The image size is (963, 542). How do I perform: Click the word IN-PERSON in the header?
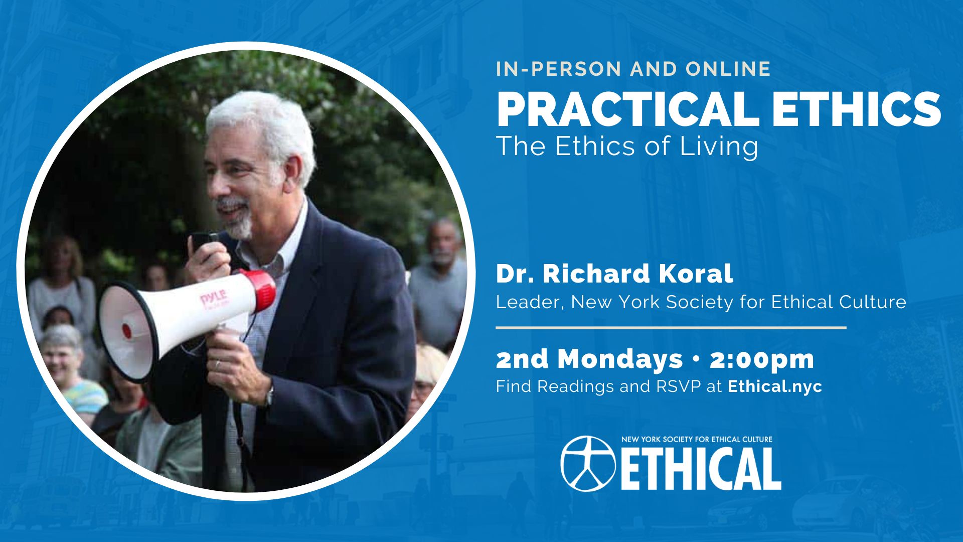pyautogui.click(x=560, y=69)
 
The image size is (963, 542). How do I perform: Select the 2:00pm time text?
pyautogui.click(x=761, y=359)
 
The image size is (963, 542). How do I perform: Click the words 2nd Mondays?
pyautogui.click(x=589, y=359)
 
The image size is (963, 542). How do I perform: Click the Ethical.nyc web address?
pyautogui.click(x=775, y=386)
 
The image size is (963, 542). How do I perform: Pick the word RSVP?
pyautogui.click(x=678, y=386)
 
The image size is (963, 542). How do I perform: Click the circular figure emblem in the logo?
pyautogui.click(x=588, y=463)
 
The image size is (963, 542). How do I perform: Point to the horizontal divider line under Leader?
pyautogui.click(x=671, y=328)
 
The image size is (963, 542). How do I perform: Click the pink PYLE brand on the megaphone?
pyautogui.click(x=214, y=299)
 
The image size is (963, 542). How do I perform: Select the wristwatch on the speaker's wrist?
pyautogui.click(x=269, y=396)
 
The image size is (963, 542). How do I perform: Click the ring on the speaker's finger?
pyautogui.click(x=218, y=364)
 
